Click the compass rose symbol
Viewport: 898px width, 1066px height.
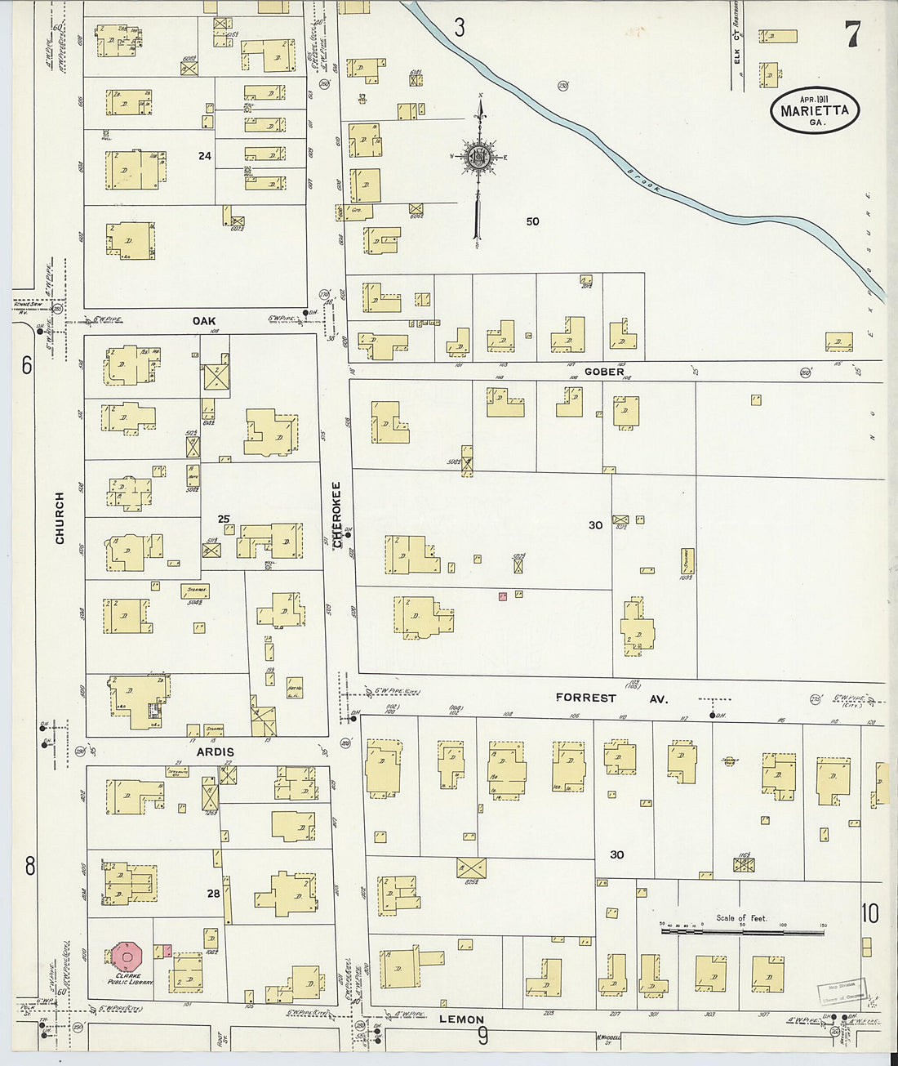pos(478,158)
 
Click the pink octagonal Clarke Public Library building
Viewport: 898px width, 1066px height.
pos(128,956)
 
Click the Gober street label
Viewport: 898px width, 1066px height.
pos(604,372)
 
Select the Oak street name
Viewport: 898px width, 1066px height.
pos(204,321)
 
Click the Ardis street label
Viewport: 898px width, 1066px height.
pos(215,752)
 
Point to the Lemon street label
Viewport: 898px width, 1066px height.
pos(461,1019)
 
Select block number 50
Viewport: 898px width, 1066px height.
pos(532,221)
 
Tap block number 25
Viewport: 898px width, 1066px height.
pos(224,519)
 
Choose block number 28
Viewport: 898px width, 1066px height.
pos(213,894)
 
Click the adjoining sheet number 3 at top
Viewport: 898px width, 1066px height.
pos(460,29)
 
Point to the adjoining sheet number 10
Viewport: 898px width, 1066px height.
pos(869,913)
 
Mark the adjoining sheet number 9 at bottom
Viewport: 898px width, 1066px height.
pos(482,1037)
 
